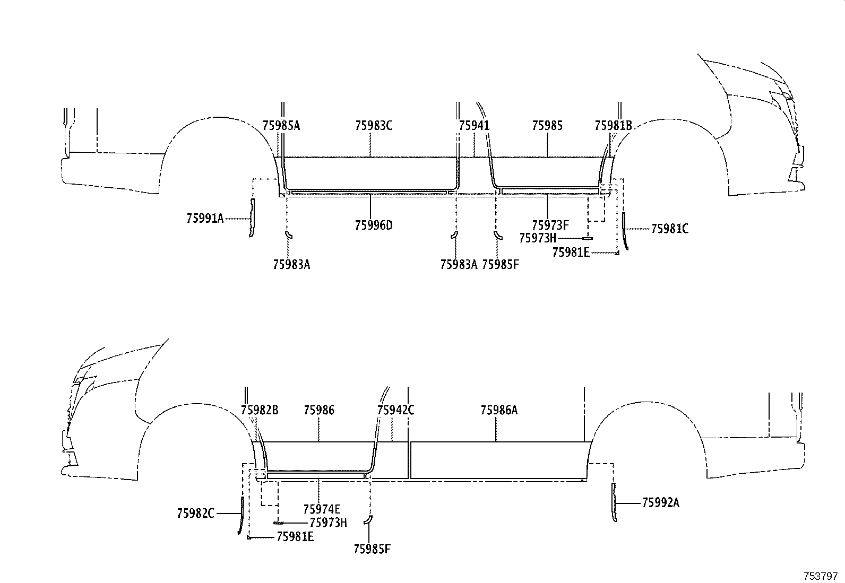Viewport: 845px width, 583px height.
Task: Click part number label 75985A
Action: tap(281, 126)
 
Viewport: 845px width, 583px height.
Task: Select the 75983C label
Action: tap(374, 126)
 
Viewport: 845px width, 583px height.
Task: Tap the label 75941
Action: tap(474, 126)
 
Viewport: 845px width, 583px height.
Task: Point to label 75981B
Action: tap(613, 126)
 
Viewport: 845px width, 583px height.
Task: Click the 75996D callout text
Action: tap(374, 225)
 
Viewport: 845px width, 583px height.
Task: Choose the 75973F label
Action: tap(550, 225)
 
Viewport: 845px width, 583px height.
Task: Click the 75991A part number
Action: tap(205, 218)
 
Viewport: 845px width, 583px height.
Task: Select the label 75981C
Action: tap(669, 229)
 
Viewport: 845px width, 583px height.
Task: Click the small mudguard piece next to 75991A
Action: tap(252, 218)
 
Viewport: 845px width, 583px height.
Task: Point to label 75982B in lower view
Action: tap(259, 410)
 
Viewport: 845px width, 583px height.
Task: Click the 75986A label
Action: tap(499, 410)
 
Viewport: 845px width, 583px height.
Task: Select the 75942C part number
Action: tap(395, 410)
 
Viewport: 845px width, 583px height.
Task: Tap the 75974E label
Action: tap(322, 509)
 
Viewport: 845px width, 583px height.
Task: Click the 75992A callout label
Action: tap(660, 503)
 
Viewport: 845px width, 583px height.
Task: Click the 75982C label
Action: tap(195, 513)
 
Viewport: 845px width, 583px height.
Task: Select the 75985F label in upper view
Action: tap(500, 264)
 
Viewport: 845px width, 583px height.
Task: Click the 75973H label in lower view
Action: tap(328, 523)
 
